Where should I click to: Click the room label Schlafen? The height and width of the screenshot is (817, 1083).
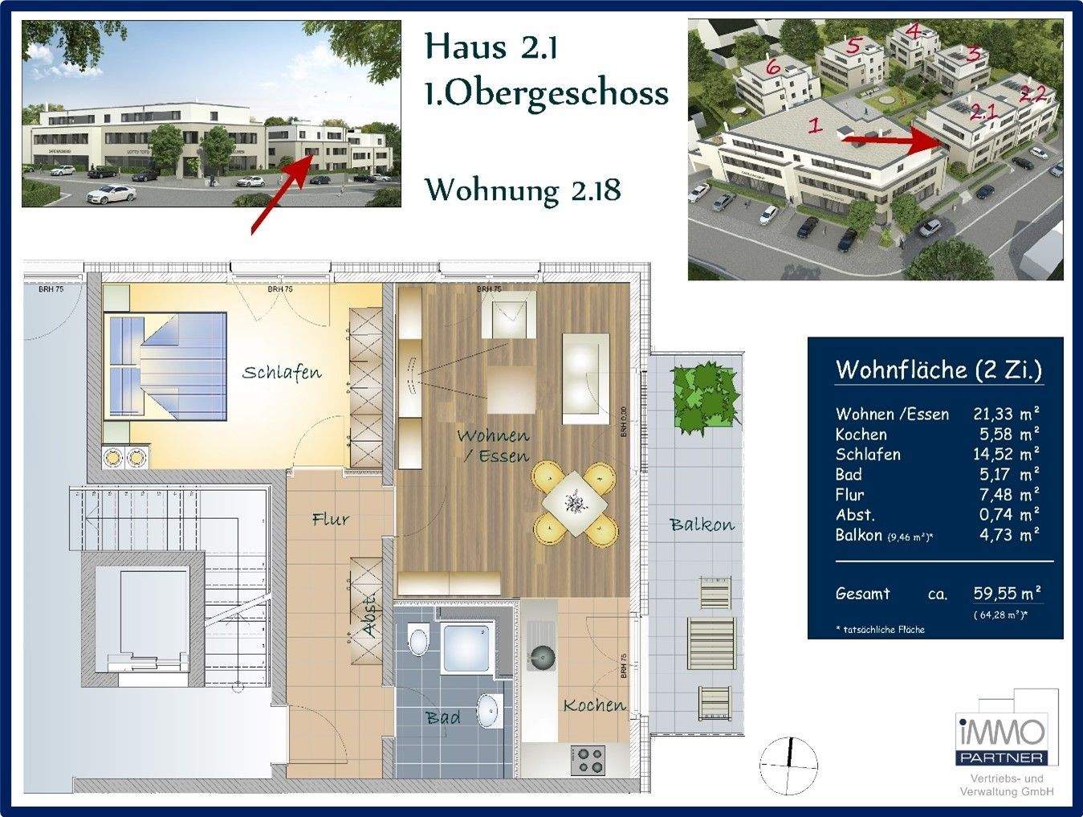pos(282,373)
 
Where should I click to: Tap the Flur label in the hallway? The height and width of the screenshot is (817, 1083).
pos(331,520)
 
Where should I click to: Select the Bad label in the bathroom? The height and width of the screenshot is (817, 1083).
pos(443,717)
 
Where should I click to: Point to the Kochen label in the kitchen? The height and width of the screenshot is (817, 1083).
pos(594,705)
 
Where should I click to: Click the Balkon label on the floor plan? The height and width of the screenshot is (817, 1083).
pos(702,525)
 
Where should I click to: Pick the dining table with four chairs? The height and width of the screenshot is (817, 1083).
pos(575,502)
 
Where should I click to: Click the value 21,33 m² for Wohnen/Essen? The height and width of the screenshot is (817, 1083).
pos(1006,414)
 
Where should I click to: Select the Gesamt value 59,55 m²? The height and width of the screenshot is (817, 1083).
pos(1007,594)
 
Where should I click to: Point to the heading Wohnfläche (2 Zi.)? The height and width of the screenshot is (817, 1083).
pos(938,370)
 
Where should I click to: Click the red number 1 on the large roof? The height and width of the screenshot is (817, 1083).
pos(815,125)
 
